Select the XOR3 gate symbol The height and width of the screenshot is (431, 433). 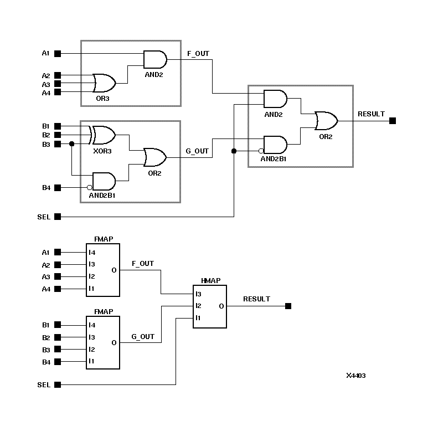(104, 135)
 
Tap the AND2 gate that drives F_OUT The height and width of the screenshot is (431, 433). (154, 59)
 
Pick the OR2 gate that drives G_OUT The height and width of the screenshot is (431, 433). (154, 157)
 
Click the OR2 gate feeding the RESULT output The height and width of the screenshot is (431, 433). (326, 120)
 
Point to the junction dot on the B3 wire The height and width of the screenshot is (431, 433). (72, 144)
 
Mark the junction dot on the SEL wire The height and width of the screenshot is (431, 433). (234, 151)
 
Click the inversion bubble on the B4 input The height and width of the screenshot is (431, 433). (90, 187)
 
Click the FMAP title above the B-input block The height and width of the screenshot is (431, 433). (103, 312)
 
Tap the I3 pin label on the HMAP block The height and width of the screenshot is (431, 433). (198, 294)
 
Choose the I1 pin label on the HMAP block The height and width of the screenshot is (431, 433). (198, 318)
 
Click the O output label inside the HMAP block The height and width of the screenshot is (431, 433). (221, 306)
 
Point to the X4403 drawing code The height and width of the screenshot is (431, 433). (355, 376)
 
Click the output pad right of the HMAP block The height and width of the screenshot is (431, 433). (288, 306)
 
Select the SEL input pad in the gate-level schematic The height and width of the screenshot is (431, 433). (58, 217)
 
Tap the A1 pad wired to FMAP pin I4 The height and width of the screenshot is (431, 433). (58, 253)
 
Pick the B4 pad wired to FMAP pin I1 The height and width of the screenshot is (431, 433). (58, 362)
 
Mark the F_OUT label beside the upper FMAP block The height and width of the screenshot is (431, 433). (143, 264)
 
